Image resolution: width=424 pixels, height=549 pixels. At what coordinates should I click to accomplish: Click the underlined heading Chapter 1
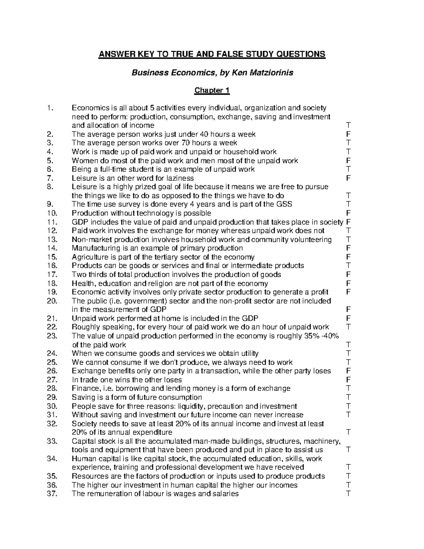tap(212, 90)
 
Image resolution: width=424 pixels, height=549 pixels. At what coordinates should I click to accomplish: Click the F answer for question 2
tap(348, 134)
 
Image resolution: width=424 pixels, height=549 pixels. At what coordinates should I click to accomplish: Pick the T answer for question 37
tap(348, 493)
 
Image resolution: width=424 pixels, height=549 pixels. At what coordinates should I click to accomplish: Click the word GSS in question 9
tap(285, 204)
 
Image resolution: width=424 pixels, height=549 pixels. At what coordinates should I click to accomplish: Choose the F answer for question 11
tap(348, 222)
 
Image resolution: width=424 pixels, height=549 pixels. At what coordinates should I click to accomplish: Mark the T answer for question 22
tap(348, 327)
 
